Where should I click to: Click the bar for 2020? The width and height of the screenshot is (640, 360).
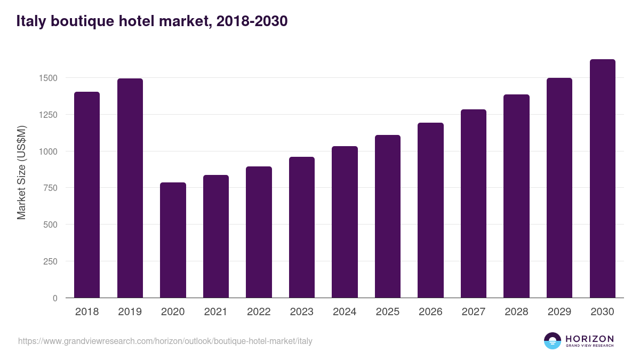(173, 240)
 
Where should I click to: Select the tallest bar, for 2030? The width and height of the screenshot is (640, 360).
(602, 179)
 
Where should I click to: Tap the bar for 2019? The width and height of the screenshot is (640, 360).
(130, 188)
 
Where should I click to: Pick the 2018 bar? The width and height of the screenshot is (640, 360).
(87, 195)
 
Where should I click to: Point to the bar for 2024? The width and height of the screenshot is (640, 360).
(345, 222)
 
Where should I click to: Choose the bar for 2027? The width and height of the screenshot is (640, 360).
(474, 204)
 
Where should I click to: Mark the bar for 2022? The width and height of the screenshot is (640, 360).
(259, 232)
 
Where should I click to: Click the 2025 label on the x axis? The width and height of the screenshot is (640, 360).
(388, 312)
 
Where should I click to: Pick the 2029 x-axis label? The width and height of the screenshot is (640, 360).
(559, 312)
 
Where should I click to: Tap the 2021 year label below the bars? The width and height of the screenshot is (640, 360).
(215, 312)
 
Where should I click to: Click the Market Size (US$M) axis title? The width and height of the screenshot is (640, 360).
(21, 172)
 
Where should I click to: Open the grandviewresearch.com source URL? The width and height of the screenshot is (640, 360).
(165, 341)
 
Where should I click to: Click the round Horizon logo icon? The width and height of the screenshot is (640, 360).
(553, 341)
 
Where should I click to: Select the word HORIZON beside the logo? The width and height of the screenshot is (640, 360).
(589, 339)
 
